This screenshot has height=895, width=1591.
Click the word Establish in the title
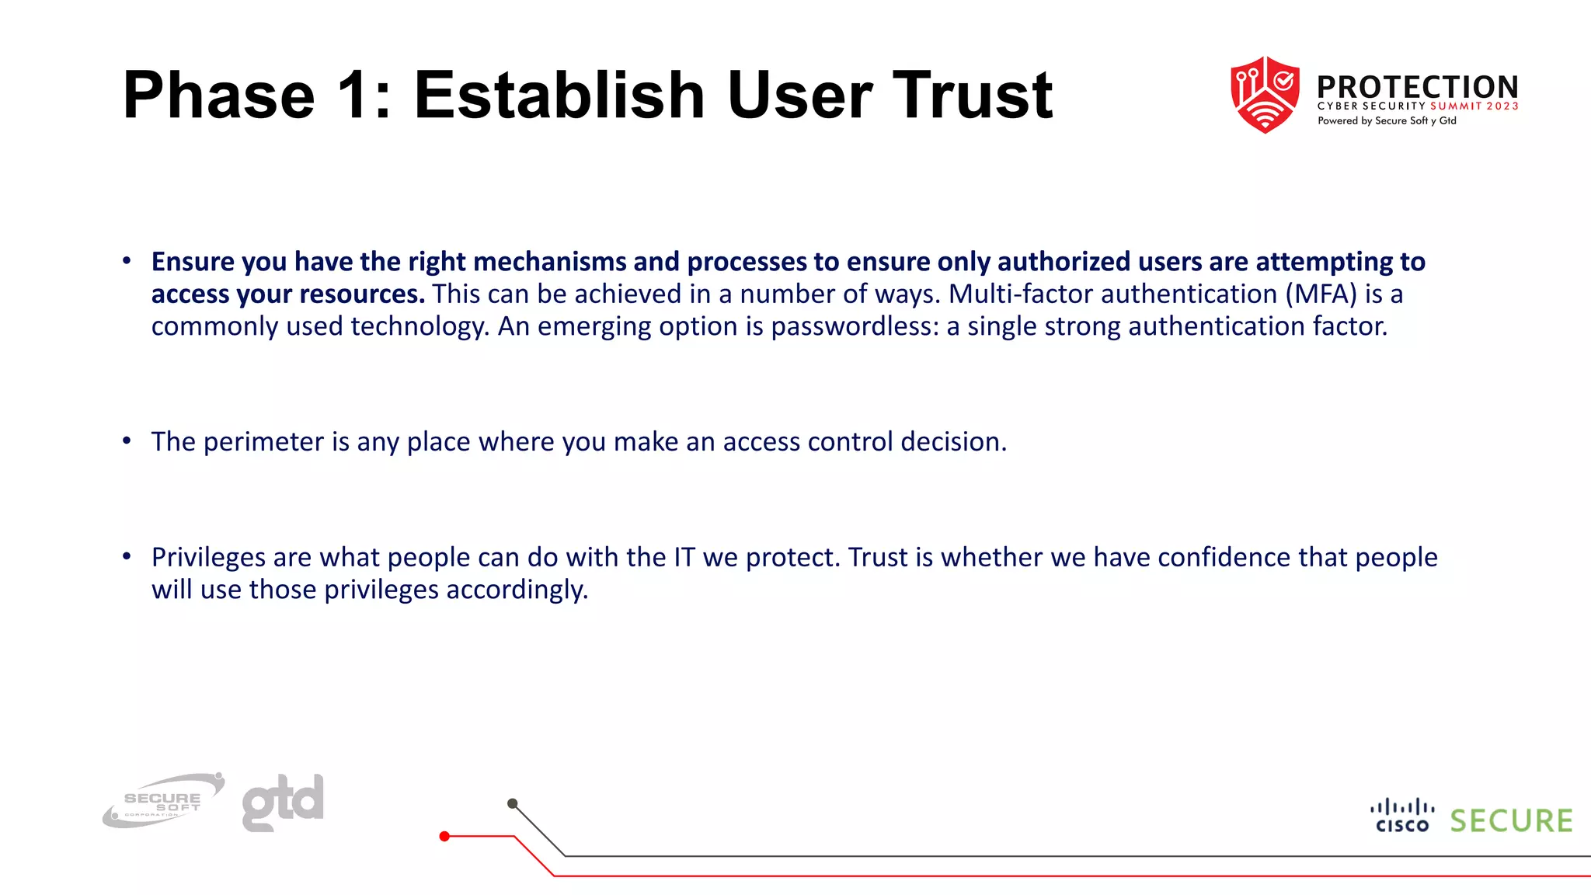[559, 95]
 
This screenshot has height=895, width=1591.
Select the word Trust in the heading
[972, 95]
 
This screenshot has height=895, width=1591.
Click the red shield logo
[1265, 94]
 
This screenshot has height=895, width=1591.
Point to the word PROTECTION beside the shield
[1417, 86]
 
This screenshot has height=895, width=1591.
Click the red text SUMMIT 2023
[1474, 106]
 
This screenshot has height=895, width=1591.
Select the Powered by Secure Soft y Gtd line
[1387, 121]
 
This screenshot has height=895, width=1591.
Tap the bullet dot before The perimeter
[127, 441]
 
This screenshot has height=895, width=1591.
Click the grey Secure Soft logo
[163, 801]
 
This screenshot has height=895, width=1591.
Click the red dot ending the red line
[444, 836]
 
